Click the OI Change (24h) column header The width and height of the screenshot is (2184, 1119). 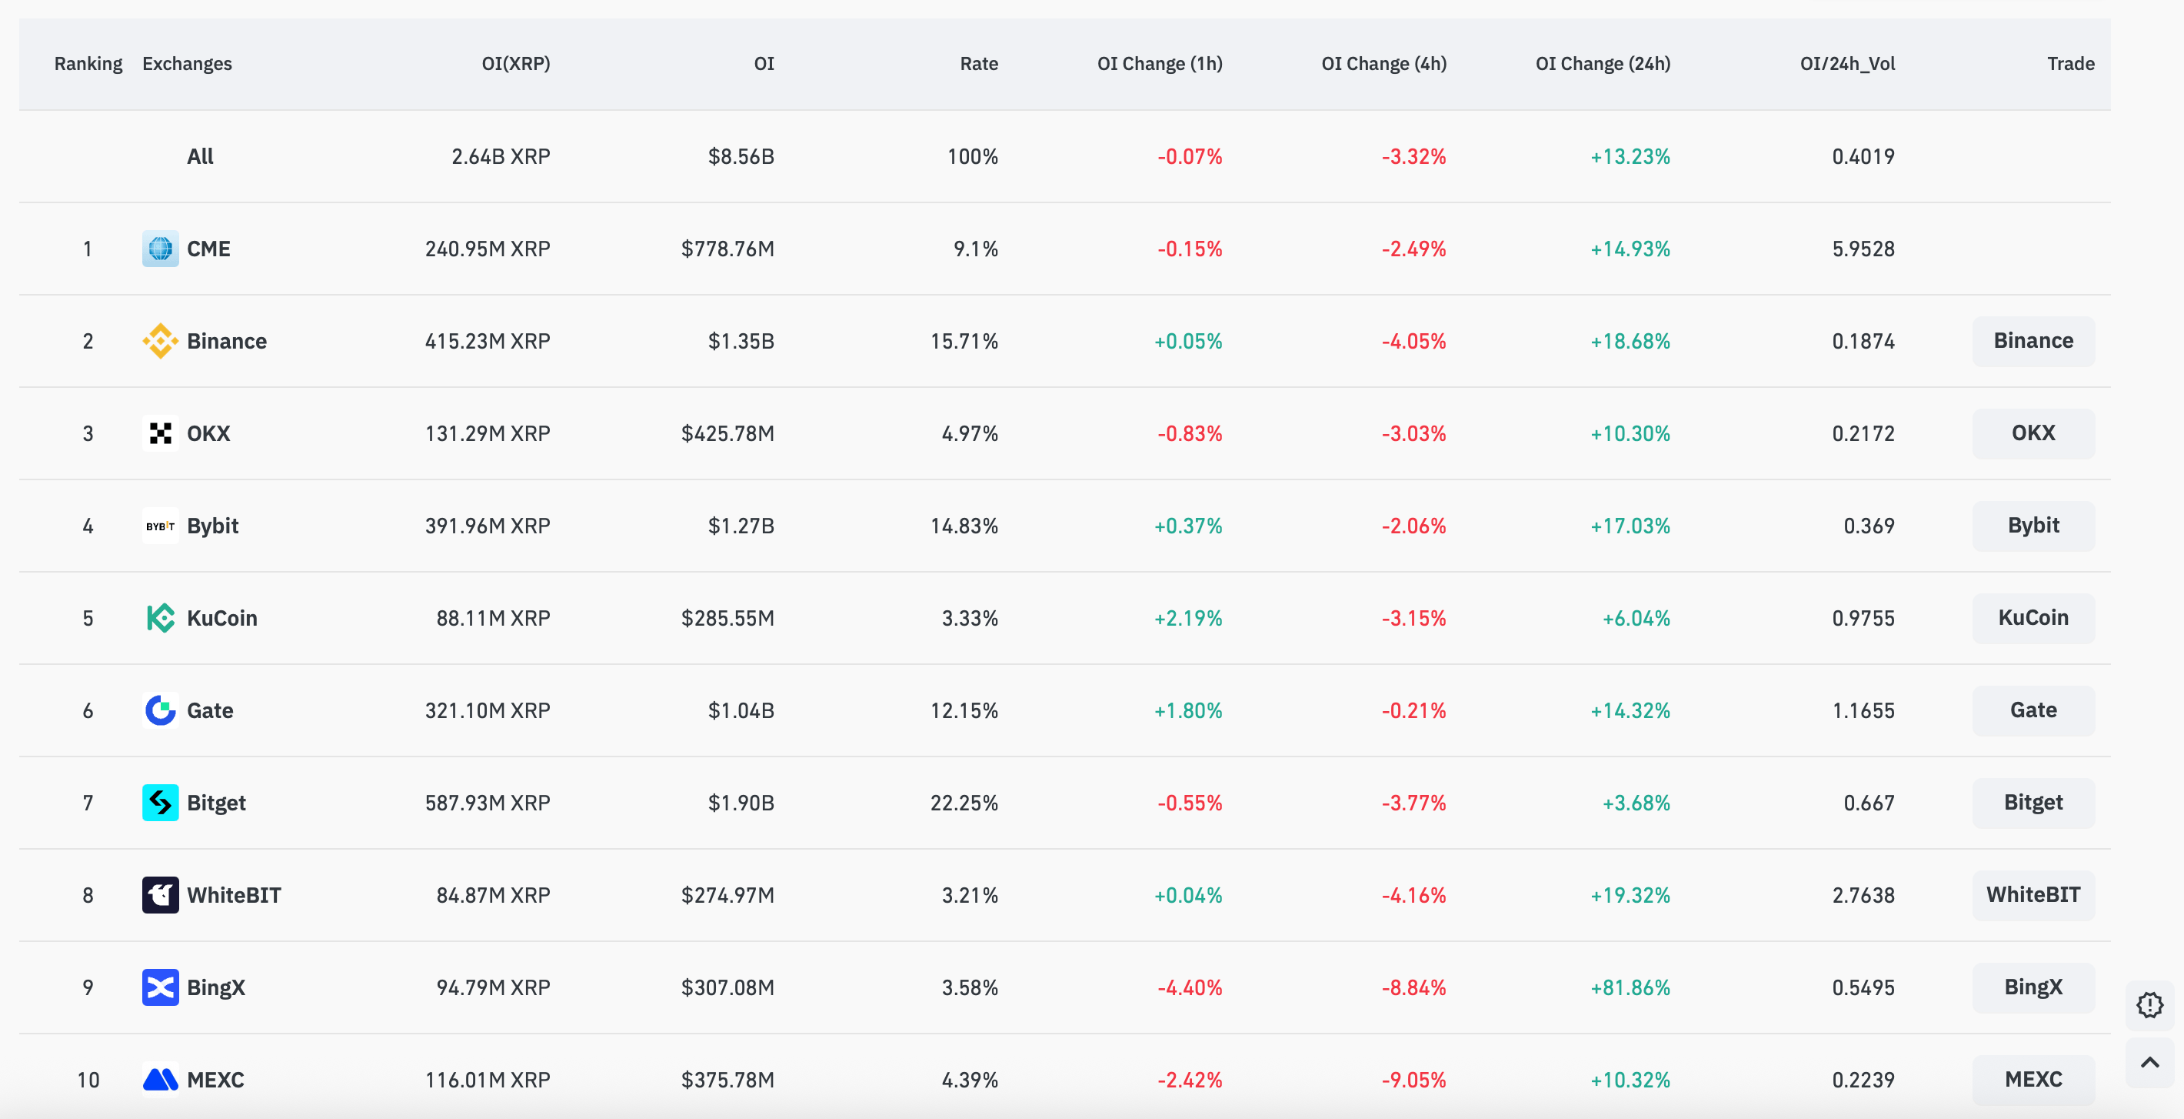(1603, 64)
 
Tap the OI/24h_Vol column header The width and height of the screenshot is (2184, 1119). (1846, 64)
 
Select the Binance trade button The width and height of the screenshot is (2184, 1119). (2033, 341)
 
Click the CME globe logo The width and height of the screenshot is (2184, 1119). (160, 249)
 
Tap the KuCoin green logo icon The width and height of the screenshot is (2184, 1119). (160, 619)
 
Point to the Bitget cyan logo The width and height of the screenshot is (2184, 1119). (160, 803)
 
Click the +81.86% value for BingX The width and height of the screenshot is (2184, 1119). (1630, 987)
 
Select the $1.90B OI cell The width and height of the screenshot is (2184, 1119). (741, 803)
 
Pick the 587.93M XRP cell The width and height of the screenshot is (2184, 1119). (488, 803)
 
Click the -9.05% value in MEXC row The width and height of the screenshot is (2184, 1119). (1413, 1080)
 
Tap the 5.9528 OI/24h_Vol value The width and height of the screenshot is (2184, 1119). (1863, 249)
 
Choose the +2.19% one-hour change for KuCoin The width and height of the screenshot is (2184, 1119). (1188, 619)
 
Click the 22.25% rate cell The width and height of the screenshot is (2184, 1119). (964, 803)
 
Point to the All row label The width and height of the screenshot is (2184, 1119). (200, 156)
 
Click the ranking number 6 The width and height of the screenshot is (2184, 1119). (88, 711)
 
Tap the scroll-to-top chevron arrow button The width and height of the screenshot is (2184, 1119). (2149, 1062)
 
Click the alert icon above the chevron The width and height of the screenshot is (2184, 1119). (2149, 1005)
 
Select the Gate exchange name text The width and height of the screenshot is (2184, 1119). (210, 711)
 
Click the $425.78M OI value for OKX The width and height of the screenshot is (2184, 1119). (727, 433)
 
